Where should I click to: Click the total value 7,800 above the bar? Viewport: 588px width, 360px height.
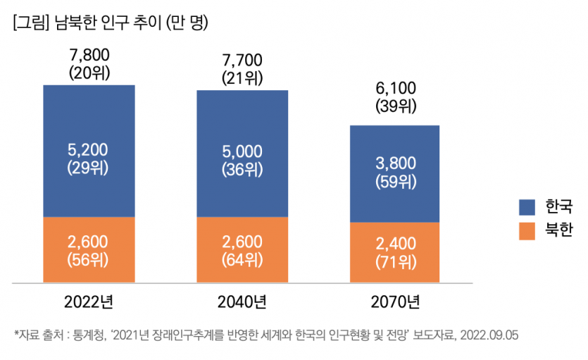89,54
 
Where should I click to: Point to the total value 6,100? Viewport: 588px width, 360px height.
396,89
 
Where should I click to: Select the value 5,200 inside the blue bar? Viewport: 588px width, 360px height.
89,151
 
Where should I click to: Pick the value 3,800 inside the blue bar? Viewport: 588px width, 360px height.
396,164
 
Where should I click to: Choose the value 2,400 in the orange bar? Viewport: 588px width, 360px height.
396,244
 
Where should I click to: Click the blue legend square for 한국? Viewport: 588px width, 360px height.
527,207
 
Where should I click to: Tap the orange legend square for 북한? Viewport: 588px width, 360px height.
527,230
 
